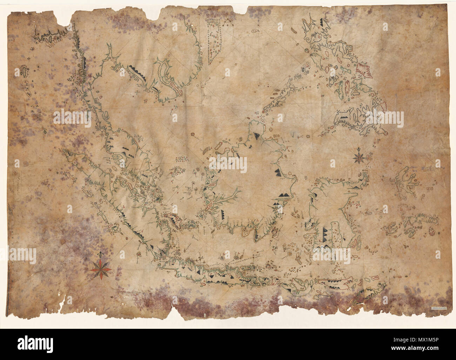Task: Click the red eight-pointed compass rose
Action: click(x=101, y=269)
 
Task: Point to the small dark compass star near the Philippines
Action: click(x=360, y=156)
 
